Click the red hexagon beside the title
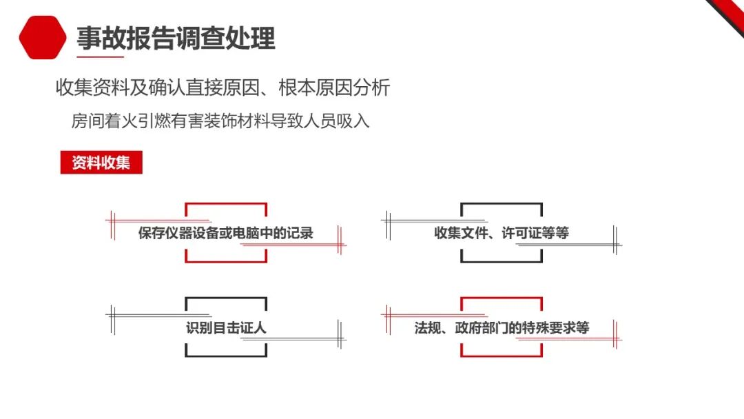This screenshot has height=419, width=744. [43, 37]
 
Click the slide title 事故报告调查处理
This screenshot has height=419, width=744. [176, 38]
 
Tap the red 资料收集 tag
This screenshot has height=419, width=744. [101, 163]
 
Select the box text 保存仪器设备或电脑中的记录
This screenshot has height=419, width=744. [225, 233]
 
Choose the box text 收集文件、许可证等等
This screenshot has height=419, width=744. [501, 233]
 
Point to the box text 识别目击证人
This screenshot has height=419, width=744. [225, 327]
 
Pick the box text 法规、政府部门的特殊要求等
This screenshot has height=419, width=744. [501, 327]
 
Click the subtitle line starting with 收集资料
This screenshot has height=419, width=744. [223, 88]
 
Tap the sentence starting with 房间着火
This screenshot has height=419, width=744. [220, 121]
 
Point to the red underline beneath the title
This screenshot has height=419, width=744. [100, 56]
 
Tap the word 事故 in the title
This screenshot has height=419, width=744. [93, 38]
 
